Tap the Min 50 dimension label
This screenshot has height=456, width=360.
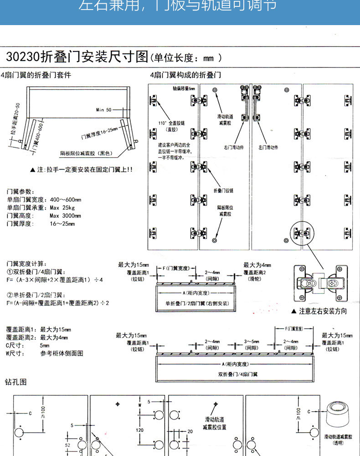(x=103, y=110)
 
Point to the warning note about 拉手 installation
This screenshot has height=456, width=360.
(x=81, y=169)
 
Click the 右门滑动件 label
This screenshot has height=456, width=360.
(x=234, y=147)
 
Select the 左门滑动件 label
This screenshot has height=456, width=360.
(x=269, y=147)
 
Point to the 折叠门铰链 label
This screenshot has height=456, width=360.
(x=223, y=190)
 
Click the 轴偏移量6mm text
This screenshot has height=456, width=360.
(x=184, y=88)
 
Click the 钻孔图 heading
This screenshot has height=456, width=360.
(x=16, y=381)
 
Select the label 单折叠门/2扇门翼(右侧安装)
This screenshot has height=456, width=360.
(x=196, y=303)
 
